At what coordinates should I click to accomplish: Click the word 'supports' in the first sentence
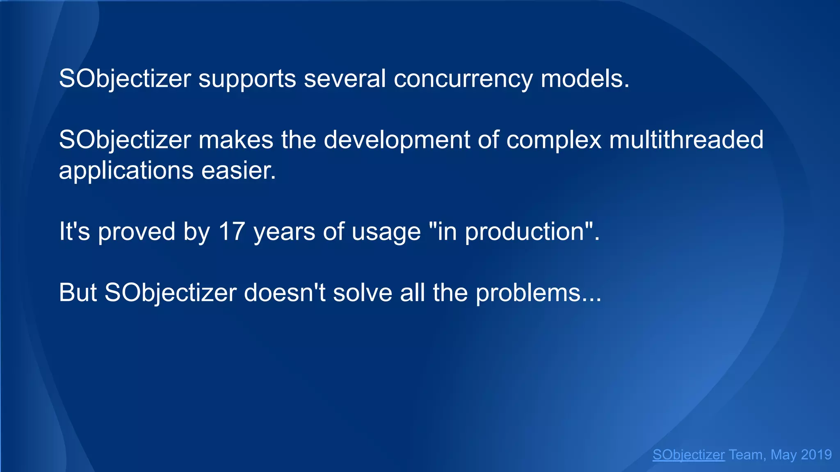click(x=247, y=79)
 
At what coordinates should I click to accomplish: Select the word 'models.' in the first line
click(x=585, y=79)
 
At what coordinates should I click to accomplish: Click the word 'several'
click(x=345, y=79)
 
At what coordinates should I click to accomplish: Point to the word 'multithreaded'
click(x=686, y=140)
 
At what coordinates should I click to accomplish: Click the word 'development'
click(x=397, y=140)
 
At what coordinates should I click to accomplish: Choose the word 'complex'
click(x=554, y=140)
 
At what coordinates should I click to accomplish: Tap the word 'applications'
click(x=126, y=170)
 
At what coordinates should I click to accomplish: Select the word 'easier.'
click(x=239, y=170)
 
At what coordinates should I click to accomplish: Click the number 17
click(x=232, y=231)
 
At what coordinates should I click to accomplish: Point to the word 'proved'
click(x=137, y=231)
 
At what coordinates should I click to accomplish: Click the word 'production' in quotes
click(x=524, y=231)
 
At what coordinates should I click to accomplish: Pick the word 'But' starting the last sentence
click(x=78, y=293)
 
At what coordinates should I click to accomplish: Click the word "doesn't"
click(x=285, y=293)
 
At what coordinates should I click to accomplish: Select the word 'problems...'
click(x=538, y=293)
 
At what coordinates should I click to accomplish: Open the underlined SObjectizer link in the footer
click(x=688, y=455)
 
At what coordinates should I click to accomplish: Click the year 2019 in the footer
click(x=816, y=455)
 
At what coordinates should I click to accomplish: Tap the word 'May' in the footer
click(x=783, y=455)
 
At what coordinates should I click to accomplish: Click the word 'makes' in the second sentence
click(x=236, y=140)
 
